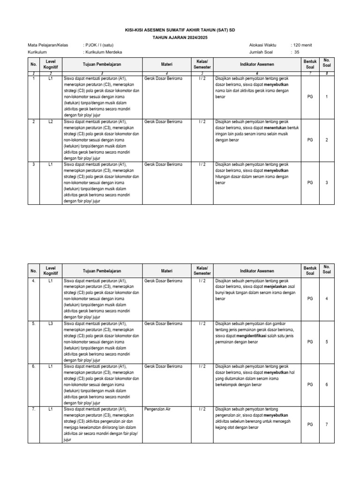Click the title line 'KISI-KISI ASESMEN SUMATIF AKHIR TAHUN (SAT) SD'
click(180, 30)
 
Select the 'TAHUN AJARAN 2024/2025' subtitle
click(180, 37)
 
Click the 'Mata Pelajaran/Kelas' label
click(48, 45)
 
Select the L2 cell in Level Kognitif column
click(50, 121)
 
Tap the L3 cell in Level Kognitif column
click(50, 323)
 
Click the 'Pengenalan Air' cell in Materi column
click(158, 409)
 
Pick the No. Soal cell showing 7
click(327, 424)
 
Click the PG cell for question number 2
click(310, 140)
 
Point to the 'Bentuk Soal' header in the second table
click(310, 271)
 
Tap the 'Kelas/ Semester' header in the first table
click(202, 64)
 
